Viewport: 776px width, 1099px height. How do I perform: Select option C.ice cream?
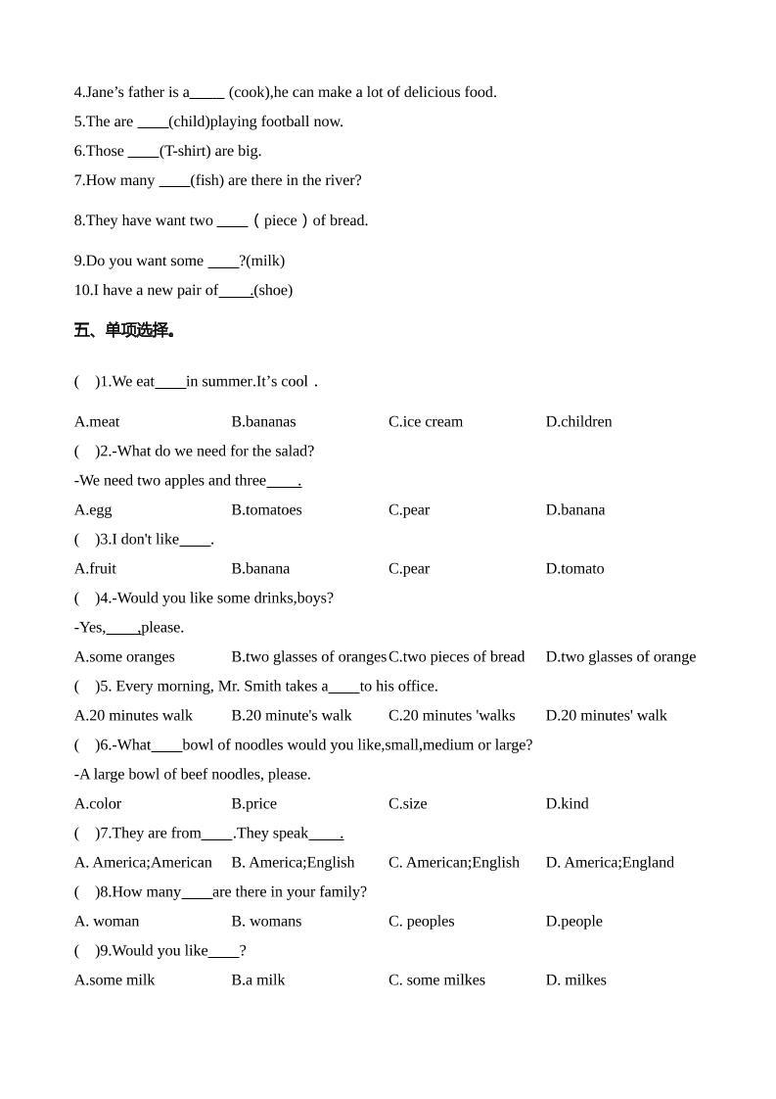pos(426,421)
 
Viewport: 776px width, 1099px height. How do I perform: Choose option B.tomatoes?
pos(266,509)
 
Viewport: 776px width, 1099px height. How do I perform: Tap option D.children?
pos(578,421)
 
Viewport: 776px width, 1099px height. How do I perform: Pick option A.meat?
pos(97,421)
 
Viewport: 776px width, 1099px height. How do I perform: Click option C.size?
pos(408,803)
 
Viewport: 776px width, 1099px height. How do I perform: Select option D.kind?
pos(567,803)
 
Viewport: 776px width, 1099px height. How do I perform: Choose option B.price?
pos(253,803)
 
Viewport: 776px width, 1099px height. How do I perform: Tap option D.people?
pos(573,921)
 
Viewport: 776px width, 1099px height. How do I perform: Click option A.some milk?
pos(114,980)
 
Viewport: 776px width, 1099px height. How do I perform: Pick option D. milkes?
pos(575,980)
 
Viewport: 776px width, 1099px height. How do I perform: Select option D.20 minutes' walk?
pos(606,715)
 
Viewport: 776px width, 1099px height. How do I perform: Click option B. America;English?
pos(293,862)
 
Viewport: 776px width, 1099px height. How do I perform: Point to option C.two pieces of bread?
pos(457,656)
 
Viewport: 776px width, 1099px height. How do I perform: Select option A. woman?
pos(107,921)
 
